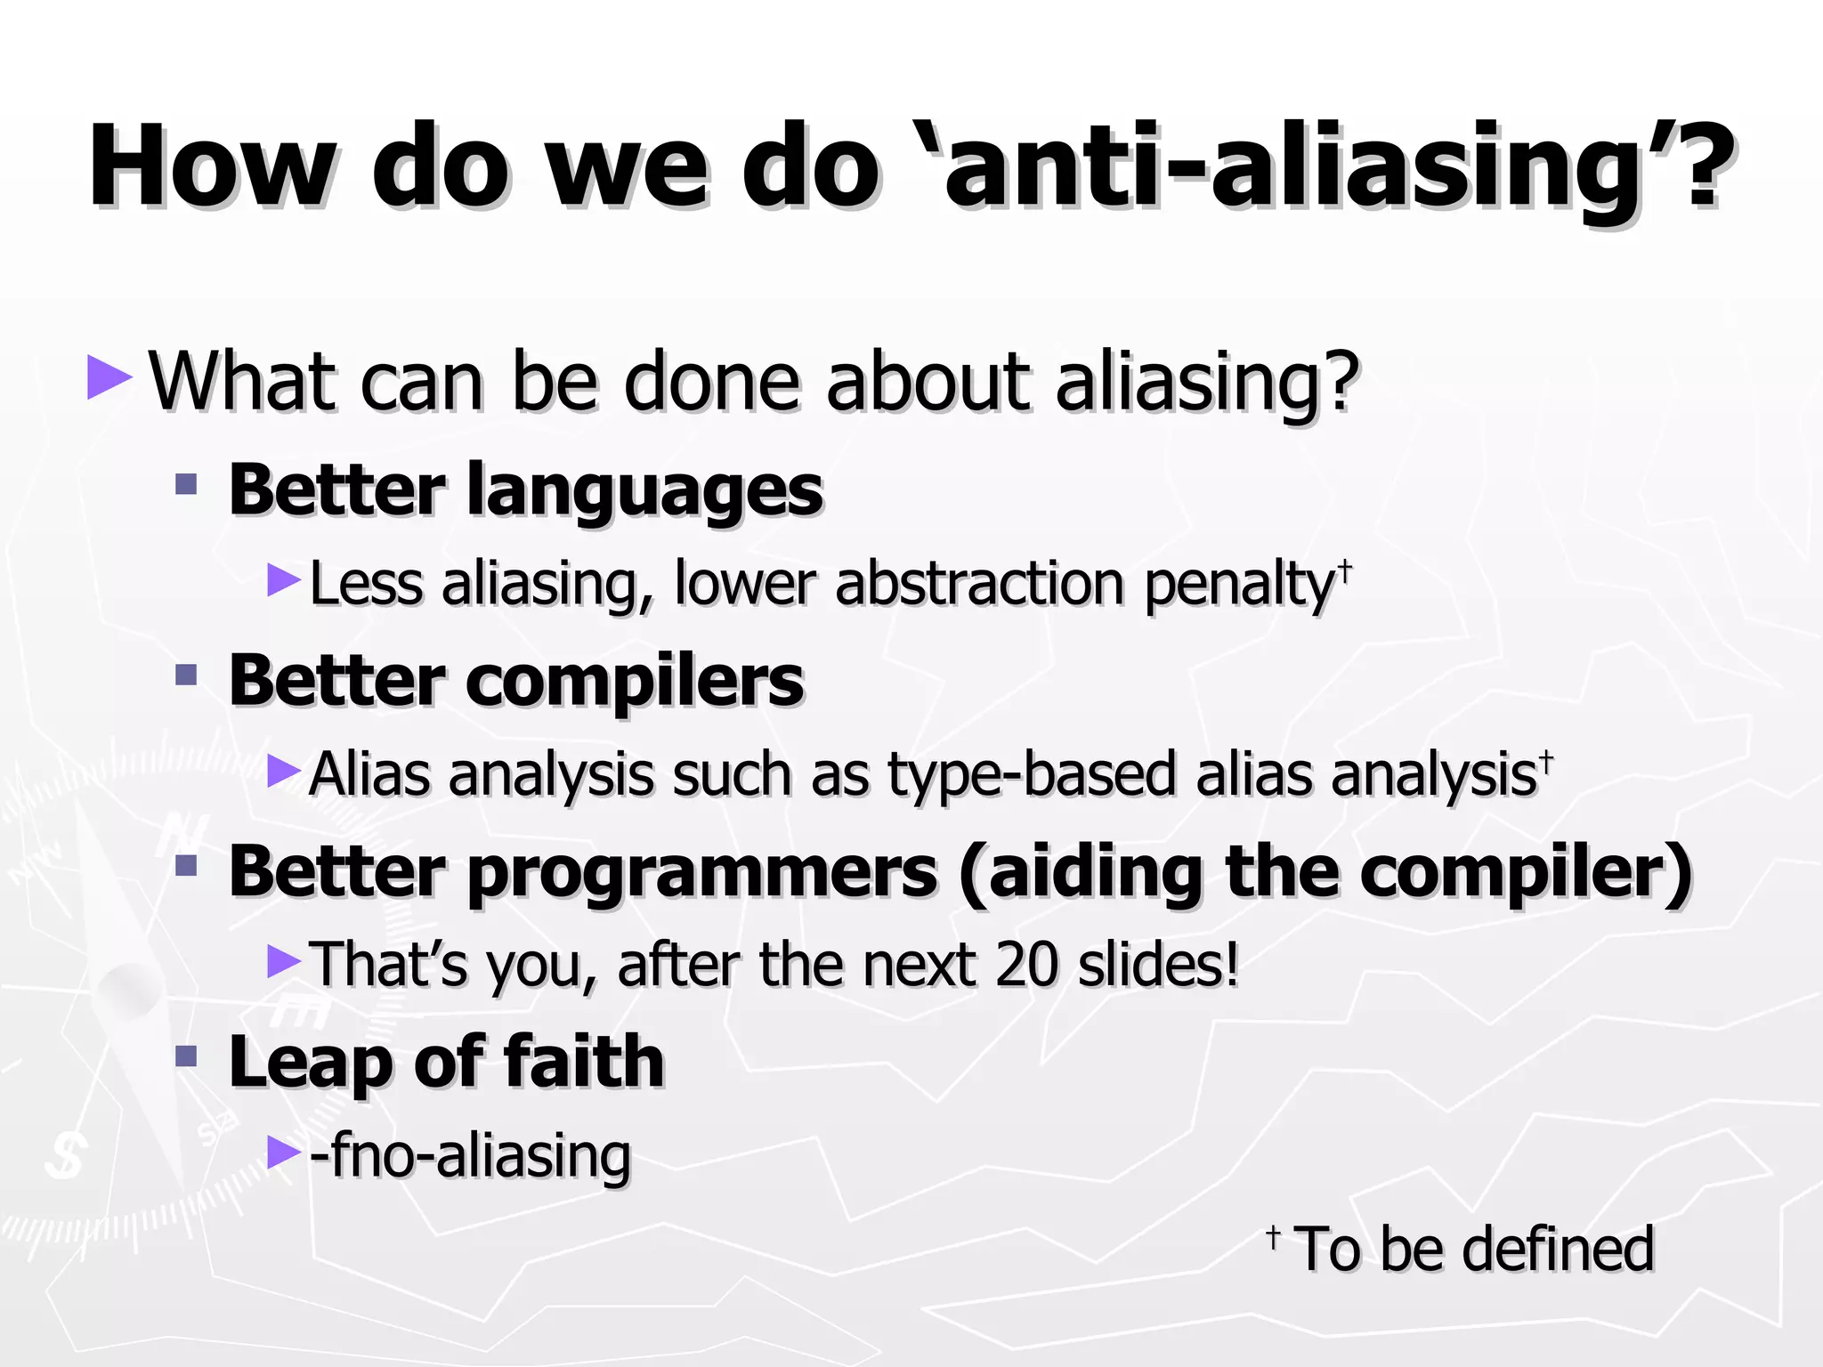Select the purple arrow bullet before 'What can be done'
pyautogui.click(x=109, y=377)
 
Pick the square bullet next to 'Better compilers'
pyautogui.click(x=186, y=674)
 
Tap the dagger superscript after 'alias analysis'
pyautogui.click(x=1546, y=759)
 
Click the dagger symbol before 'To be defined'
pyautogui.click(x=1273, y=1236)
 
